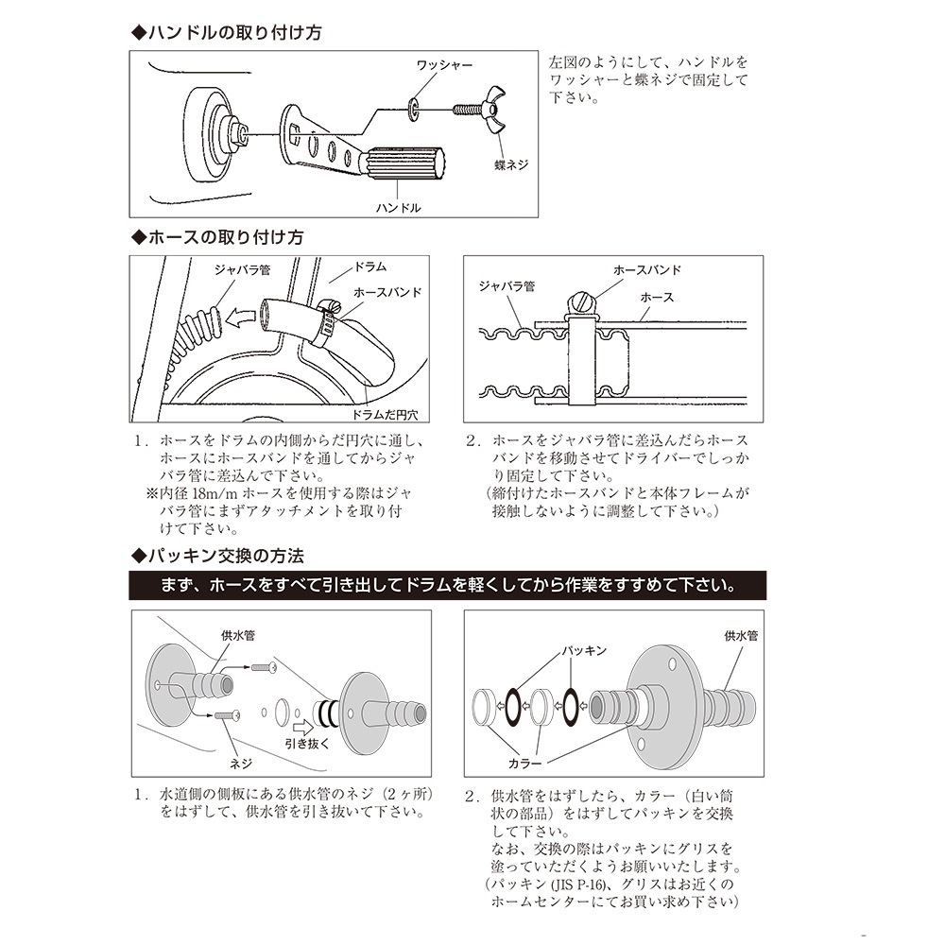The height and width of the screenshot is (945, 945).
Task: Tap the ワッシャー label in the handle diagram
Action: [x=444, y=65]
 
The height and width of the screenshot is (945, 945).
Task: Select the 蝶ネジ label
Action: [x=510, y=164]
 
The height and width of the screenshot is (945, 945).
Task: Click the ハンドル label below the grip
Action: [x=398, y=207]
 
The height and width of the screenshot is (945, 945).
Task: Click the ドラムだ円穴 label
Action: [x=390, y=414]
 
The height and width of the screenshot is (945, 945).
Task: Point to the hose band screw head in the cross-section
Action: [x=578, y=302]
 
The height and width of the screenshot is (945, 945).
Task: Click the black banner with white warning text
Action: [x=448, y=585]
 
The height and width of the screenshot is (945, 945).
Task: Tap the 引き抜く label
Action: [x=307, y=743]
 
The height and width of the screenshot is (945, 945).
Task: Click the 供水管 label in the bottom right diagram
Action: [x=741, y=636]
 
